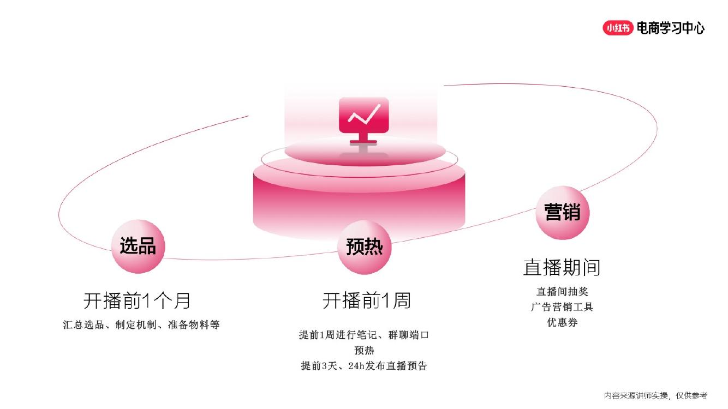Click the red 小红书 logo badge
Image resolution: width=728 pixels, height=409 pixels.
coord(618,28)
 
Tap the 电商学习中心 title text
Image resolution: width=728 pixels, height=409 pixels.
coord(671,28)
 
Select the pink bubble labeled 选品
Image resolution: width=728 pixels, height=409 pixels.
coord(138,246)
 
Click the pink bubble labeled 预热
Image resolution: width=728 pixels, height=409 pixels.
coord(365,247)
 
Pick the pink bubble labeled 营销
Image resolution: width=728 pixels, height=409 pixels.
coord(563,212)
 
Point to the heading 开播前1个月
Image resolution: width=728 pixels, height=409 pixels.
coord(137,300)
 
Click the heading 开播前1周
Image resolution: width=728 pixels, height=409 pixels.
coord(366,300)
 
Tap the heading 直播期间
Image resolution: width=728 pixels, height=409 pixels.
coord(562,267)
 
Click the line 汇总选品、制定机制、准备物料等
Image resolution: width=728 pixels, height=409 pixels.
coord(141,325)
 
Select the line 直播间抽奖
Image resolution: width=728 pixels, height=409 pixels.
coord(562,292)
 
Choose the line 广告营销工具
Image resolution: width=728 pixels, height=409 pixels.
coord(562,307)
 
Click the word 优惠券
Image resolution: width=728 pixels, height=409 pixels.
coord(562,322)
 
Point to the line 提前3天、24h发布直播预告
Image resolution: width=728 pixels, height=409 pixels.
coord(364,366)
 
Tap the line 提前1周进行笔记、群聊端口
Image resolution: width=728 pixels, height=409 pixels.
coord(364,335)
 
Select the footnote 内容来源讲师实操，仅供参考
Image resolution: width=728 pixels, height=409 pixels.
coord(655,395)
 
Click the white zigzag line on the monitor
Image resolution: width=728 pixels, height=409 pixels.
coord(363,115)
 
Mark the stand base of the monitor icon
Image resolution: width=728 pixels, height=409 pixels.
coord(363,141)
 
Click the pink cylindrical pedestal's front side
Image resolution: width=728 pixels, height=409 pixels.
coord(359,204)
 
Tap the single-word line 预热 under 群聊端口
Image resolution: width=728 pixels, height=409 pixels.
coord(364,351)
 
